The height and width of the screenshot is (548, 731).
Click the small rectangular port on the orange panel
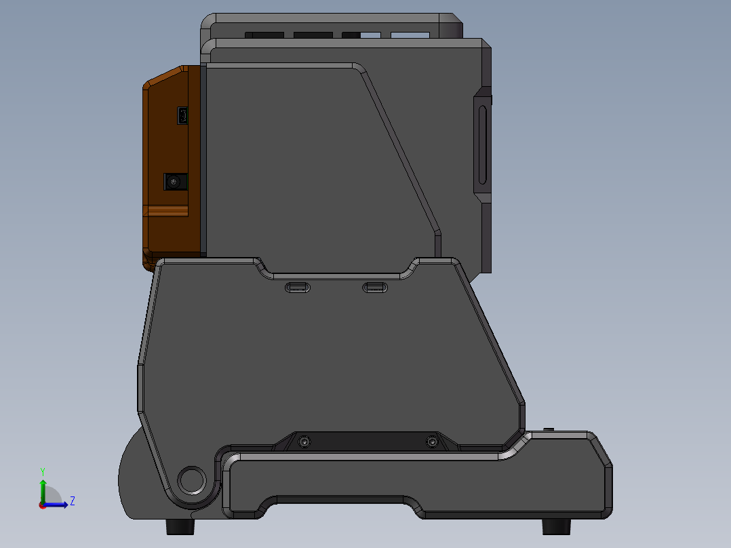(183, 116)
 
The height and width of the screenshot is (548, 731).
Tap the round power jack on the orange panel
(176, 182)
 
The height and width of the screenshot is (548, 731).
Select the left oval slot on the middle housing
(298, 288)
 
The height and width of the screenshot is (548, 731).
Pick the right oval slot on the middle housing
(376, 288)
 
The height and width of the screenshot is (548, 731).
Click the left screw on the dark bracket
(304, 442)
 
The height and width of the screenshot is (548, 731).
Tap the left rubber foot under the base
(178, 527)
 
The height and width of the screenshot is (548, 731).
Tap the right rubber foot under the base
(555, 526)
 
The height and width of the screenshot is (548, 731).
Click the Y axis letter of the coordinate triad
(42, 471)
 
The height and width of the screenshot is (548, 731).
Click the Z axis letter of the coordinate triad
(72, 501)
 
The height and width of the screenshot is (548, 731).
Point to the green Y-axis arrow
(43, 490)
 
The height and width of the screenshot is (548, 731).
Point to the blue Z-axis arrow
(58, 504)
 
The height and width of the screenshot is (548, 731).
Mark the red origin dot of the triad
(42, 505)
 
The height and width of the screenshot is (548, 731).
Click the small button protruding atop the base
(549, 429)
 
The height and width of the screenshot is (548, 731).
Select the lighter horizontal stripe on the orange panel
(167, 212)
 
